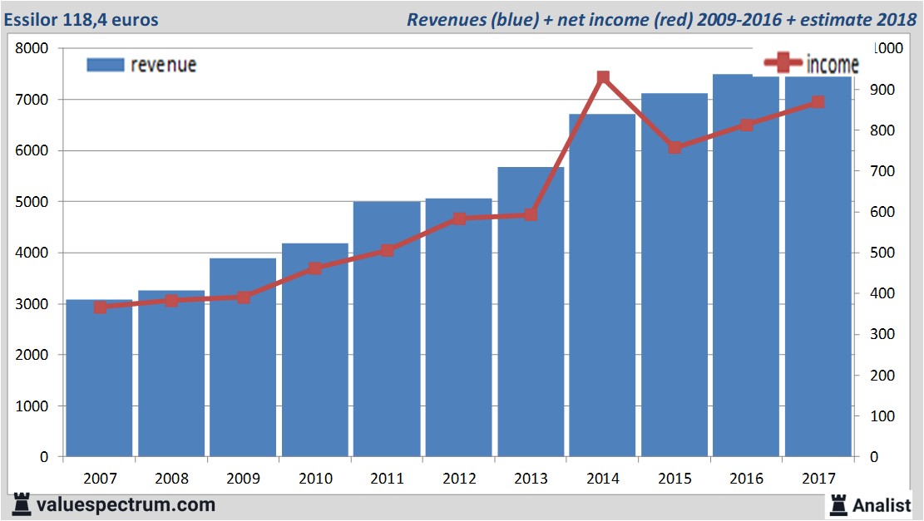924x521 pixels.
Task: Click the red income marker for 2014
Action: click(604, 78)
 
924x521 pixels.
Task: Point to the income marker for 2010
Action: click(315, 268)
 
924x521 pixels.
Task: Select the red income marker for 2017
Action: click(818, 102)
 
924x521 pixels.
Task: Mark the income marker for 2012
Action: click(459, 219)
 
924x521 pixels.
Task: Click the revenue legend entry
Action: click(142, 65)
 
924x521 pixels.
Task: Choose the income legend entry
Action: click(812, 64)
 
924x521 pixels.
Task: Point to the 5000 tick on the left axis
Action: click(33, 202)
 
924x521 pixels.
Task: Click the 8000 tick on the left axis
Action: click(33, 48)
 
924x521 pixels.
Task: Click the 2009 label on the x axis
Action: click(243, 479)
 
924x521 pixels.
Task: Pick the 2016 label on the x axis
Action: click(746, 479)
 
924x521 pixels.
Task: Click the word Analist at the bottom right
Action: click(882, 504)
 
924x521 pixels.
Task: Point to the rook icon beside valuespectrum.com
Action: click(22, 504)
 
